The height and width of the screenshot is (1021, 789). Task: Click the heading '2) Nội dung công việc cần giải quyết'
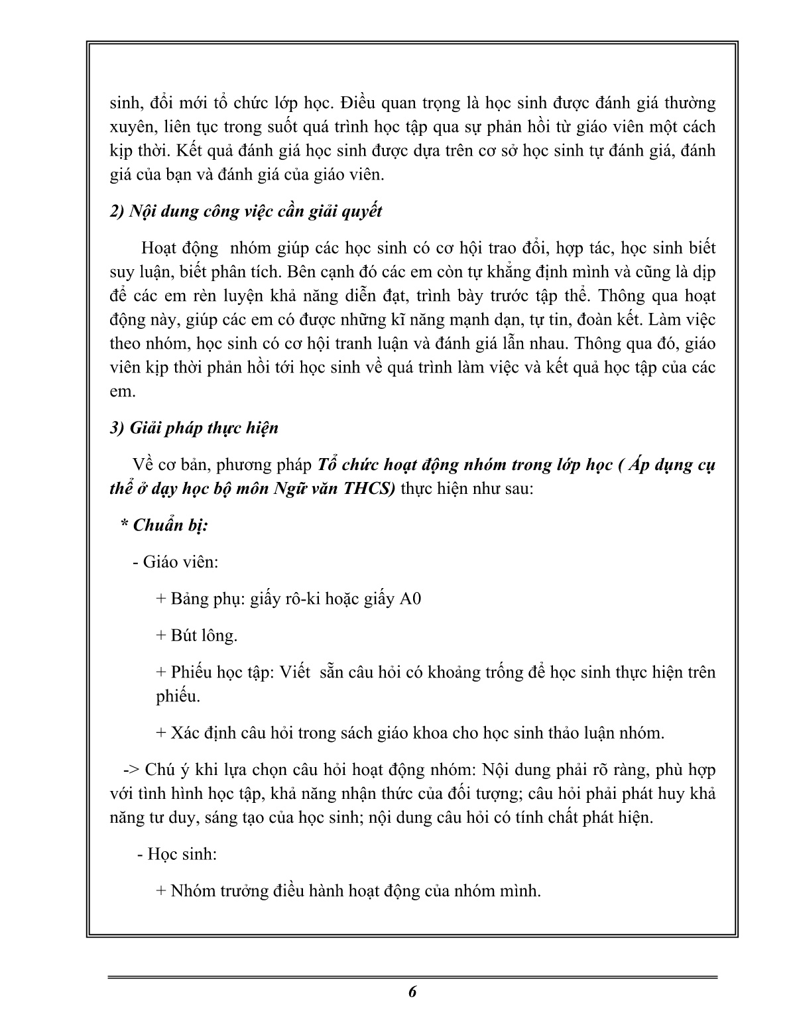246,211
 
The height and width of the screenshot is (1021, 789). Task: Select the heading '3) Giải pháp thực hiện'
194,428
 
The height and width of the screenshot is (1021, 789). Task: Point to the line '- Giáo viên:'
176,562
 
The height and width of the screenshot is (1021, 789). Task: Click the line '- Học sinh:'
177,854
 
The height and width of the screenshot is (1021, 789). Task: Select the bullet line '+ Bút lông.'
196,635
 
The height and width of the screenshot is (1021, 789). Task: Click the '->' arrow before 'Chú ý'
130,770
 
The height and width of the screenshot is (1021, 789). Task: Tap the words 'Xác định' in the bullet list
199,733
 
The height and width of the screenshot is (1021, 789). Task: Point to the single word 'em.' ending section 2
122,391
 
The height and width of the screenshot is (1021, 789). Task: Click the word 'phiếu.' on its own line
178,697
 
